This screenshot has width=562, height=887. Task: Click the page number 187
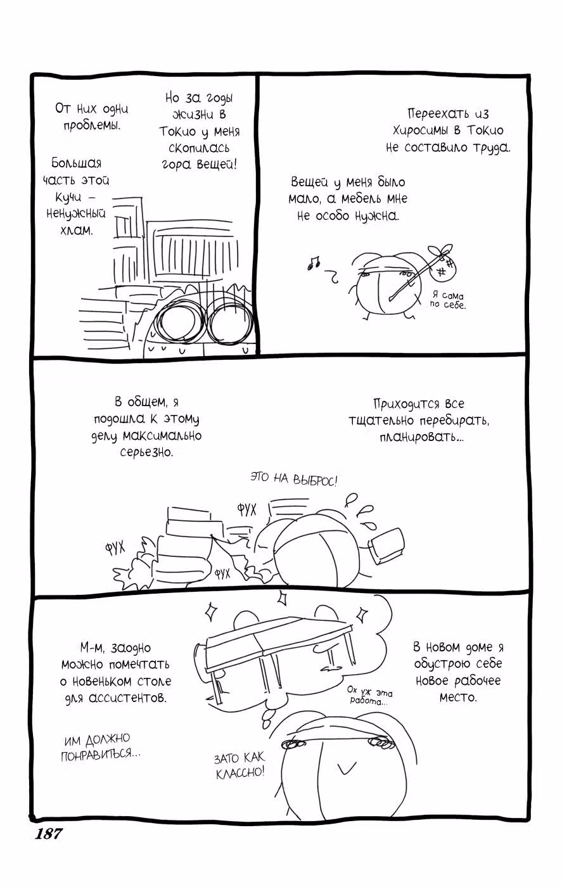[49, 834]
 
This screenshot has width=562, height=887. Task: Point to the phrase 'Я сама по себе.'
[448, 300]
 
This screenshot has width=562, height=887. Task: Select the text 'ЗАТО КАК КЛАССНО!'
[240, 765]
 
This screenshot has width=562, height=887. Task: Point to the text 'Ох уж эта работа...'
[370, 696]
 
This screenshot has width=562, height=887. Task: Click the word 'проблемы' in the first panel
[91, 126]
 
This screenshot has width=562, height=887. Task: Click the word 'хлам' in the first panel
[76, 231]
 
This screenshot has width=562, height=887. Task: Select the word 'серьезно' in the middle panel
[147, 452]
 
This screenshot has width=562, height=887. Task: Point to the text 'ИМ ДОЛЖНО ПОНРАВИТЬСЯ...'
[101, 747]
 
